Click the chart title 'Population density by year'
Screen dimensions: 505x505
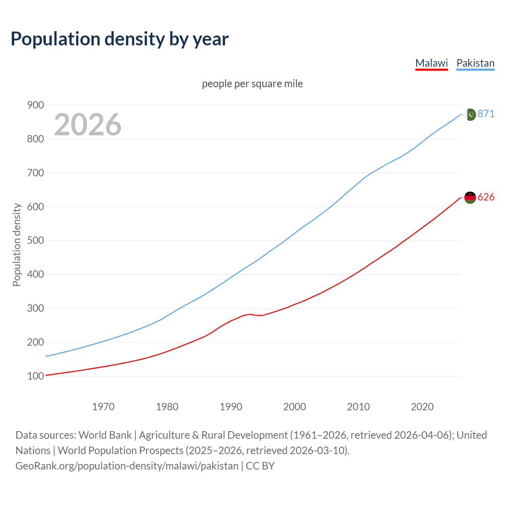[120, 39]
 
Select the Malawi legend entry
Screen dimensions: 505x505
[432, 63]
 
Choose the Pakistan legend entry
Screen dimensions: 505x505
[475, 63]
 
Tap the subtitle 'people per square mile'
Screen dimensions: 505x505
[252, 84]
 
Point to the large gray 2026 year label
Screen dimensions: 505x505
[88, 125]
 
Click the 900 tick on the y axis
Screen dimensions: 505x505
[35, 105]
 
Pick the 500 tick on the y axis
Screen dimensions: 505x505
[35, 241]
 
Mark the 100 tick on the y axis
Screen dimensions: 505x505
[35, 376]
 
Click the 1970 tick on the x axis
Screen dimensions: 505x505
[103, 407]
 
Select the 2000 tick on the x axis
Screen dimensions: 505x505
[295, 407]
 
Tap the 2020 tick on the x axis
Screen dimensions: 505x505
[422, 407]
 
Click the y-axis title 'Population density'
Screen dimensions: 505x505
[17, 245]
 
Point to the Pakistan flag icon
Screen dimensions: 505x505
[470, 114]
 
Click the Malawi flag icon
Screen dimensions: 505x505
[470, 197]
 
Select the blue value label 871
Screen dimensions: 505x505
[486, 114]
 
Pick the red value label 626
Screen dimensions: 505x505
[486, 197]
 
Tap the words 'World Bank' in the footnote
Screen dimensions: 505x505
[105, 435]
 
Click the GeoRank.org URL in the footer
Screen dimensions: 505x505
[127, 466]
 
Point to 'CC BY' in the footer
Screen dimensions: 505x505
[260, 466]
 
